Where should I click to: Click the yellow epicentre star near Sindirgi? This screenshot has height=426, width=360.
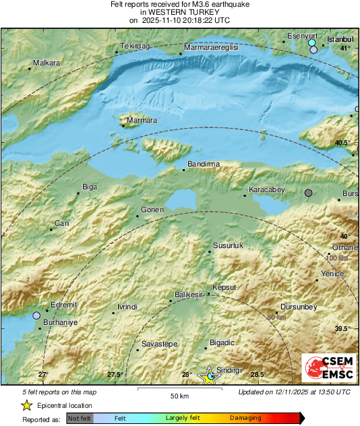point(210,377)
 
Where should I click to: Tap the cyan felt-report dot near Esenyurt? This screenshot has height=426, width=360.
point(312,43)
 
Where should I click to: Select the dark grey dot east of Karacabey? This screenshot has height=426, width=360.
point(309,193)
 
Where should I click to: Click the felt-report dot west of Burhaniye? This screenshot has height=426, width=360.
point(37,315)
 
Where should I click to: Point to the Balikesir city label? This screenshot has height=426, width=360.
point(189,295)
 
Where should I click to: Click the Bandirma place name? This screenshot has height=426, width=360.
point(204,164)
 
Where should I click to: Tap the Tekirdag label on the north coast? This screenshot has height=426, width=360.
point(133,47)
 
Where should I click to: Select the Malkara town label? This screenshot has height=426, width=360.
point(47,63)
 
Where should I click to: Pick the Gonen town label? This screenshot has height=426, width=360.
point(152,210)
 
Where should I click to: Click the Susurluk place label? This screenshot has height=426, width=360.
point(227,246)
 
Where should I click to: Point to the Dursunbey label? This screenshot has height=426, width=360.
point(298,307)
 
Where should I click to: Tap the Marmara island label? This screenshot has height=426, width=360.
point(142,120)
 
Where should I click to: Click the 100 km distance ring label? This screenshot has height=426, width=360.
point(336,258)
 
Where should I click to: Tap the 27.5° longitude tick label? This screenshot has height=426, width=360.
point(115,375)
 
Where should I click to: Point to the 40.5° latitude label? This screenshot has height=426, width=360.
point(343,143)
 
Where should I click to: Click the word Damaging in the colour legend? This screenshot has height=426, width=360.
point(246,418)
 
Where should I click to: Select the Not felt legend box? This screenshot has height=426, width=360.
point(79,418)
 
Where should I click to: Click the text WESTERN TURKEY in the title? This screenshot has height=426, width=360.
point(179,12)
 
